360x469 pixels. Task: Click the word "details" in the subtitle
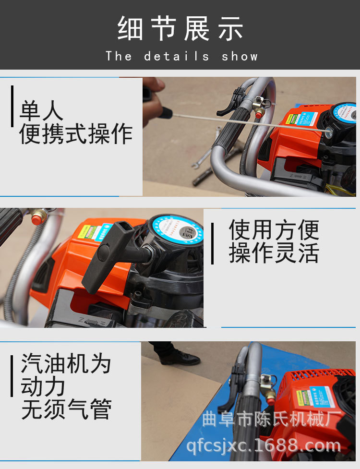[x=177, y=56]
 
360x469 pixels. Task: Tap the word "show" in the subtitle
[x=240, y=56]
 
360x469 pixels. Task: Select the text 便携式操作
[x=76, y=134]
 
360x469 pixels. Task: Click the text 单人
[x=41, y=111]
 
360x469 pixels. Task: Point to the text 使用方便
[x=274, y=229]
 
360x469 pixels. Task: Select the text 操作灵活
[x=274, y=253]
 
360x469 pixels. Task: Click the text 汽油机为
[x=66, y=364]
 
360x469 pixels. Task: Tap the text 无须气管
[x=66, y=409]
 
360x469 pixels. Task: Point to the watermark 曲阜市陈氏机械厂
[x=272, y=419]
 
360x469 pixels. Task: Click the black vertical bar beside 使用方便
[x=213, y=243]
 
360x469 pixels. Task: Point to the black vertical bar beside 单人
[x=12, y=106]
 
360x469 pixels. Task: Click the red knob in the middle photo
[x=36, y=219]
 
